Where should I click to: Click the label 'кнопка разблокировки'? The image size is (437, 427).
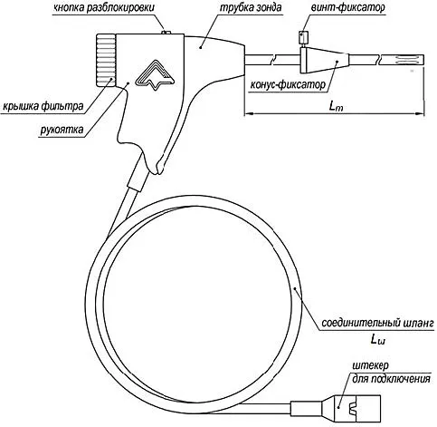(x=103, y=7)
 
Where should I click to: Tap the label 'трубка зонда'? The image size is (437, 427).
(x=251, y=7)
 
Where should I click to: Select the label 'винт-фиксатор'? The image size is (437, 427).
(x=347, y=7)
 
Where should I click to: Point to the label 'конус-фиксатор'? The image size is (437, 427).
(x=288, y=85)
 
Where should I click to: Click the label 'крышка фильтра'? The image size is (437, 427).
(x=43, y=106)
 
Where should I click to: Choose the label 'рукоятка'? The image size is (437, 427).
(x=62, y=130)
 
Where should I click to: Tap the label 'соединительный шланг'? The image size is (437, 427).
(x=377, y=323)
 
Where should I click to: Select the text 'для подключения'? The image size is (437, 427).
(x=391, y=379)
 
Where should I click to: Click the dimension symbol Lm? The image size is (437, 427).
(x=336, y=106)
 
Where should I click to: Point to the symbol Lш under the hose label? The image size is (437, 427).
(x=378, y=340)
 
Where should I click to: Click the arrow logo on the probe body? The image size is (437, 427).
(x=155, y=75)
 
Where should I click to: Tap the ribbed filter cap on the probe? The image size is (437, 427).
(x=106, y=61)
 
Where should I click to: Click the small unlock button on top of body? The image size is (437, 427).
(x=166, y=32)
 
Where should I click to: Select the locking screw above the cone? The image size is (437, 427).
(x=303, y=39)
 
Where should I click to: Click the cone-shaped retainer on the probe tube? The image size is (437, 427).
(x=325, y=60)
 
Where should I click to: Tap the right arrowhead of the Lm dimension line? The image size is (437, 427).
(x=420, y=113)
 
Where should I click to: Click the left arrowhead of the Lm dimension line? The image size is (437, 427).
(x=248, y=113)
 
